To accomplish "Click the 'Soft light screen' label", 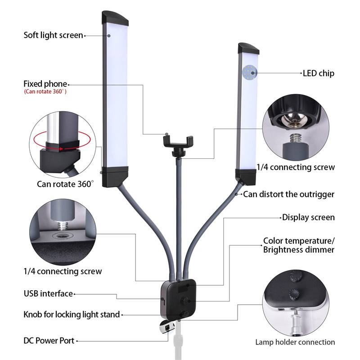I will pos(53,35).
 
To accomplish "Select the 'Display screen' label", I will pos(308,217).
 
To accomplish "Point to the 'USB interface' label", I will pos(48,294).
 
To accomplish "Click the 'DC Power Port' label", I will pos(49,341).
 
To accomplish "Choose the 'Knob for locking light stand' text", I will pos(72,314).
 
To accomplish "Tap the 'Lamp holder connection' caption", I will pos(295,342).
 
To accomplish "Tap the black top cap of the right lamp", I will pos(249,48).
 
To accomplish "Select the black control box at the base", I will pos(179,297).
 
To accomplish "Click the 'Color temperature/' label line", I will pos(299,241).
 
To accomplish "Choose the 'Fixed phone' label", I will pos(45,84).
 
